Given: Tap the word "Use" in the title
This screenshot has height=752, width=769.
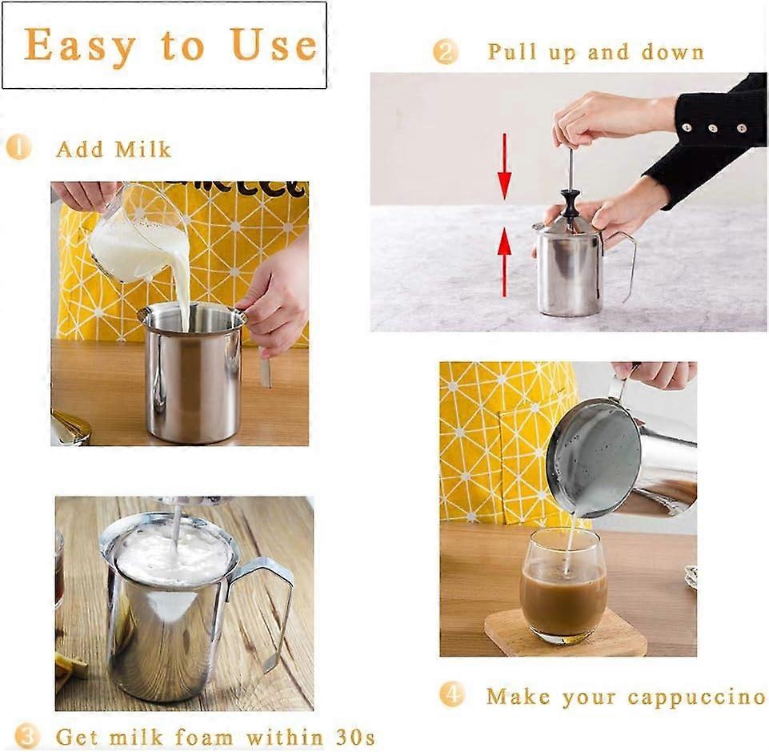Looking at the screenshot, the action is [x=273, y=44].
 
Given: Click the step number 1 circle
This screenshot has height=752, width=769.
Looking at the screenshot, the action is [x=18, y=147].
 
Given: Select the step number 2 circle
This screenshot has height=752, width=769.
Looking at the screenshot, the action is [x=445, y=51].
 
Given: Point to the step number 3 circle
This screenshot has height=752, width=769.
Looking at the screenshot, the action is [x=26, y=736].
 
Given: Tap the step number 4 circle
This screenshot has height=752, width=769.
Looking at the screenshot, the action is [x=451, y=694].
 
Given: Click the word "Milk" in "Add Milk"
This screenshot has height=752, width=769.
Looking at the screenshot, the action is [x=142, y=149].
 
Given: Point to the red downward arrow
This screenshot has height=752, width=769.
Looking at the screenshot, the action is [x=504, y=166].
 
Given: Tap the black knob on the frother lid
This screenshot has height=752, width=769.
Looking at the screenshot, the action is [x=570, y=204].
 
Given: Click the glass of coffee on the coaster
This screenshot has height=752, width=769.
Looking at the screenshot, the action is [x=563, y=585].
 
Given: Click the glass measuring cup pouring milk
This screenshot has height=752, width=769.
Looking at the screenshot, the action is [x=135, y=235].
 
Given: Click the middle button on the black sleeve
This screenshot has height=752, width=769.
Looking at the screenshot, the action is [x=713, y=129].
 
